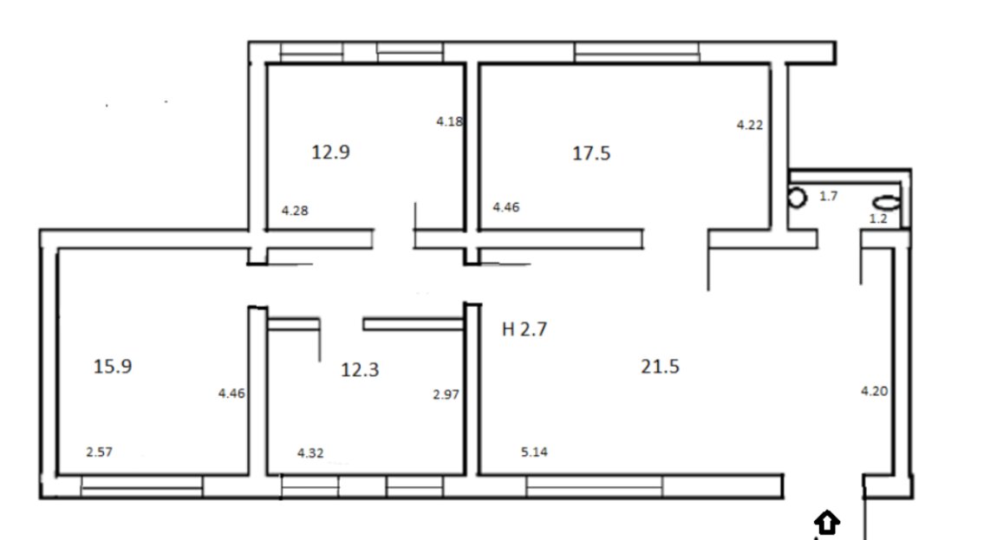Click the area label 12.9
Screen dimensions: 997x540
(330, 152)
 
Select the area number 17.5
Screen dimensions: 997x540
(591, 153)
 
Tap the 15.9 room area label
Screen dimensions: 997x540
(113, 367)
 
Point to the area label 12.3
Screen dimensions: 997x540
(360, 369)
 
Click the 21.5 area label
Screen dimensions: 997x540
(660, 367)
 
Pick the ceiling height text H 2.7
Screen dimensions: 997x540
(525, 329)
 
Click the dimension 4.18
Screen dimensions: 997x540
(450, 120)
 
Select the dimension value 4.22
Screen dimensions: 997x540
(750, 125)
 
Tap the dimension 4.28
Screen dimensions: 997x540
(295, 211)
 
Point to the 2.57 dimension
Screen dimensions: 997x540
(99, 452)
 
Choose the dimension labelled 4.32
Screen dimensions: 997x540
(310, 452)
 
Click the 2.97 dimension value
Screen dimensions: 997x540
(446, 394)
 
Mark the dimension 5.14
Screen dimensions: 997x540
(534, 452)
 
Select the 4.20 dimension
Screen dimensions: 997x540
(874, 391)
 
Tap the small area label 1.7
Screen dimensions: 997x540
(829, 196)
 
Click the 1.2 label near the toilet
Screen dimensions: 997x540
(878, 218)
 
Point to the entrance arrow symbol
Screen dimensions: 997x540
(826, 522)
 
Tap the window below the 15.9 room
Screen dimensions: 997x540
(142, 486)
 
